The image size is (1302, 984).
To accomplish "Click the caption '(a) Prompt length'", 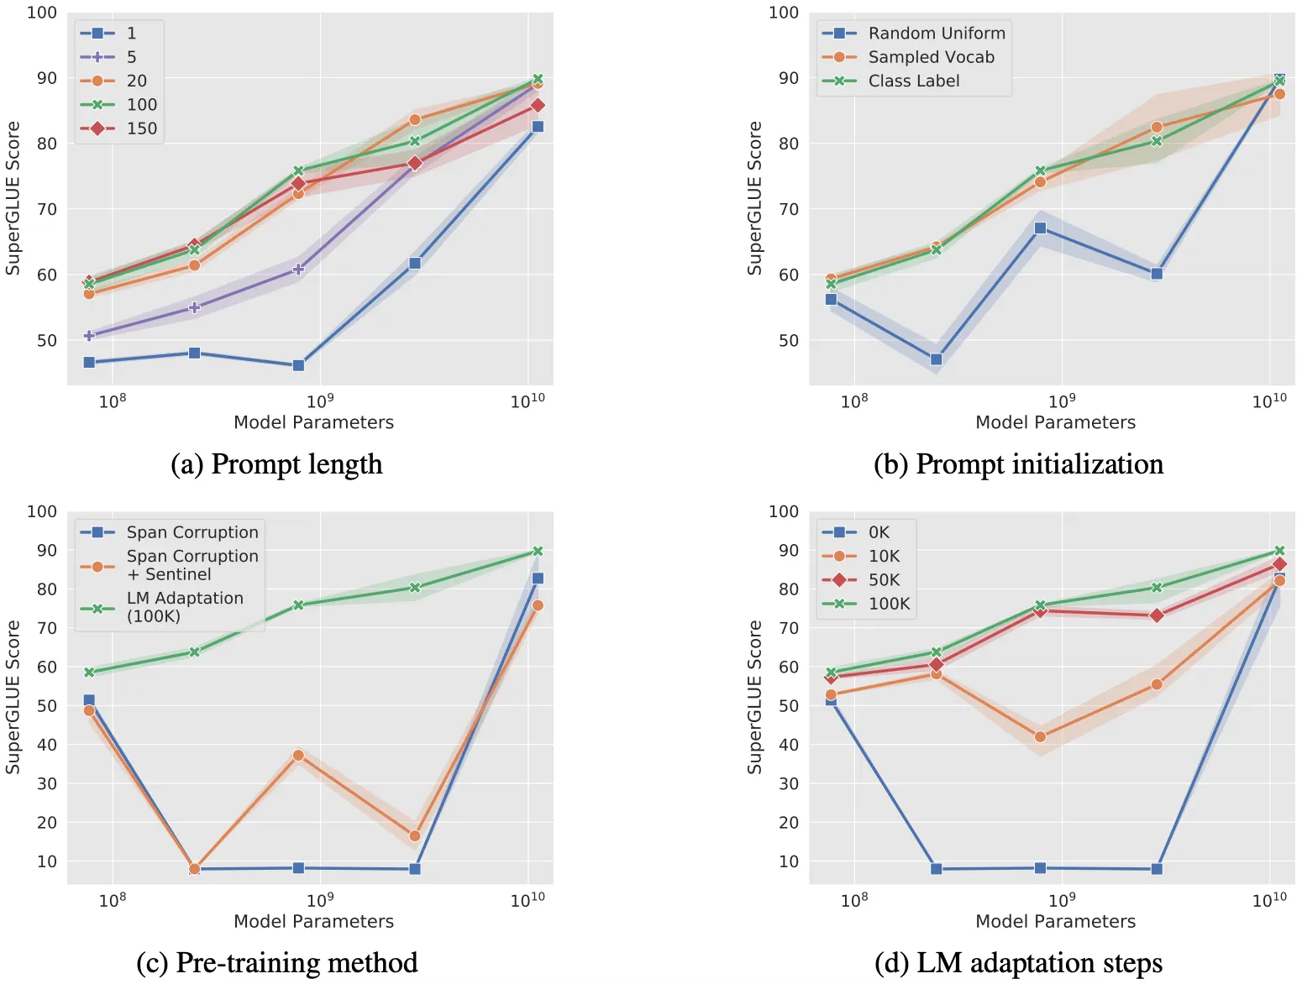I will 276,464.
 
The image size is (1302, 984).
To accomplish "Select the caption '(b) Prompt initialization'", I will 1018,464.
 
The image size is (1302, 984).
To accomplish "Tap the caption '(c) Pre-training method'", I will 276,962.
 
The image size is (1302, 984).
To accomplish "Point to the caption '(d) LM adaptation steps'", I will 1018,962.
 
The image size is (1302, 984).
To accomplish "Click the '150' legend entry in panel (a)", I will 141,128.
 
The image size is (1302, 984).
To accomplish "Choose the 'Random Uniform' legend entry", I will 936,33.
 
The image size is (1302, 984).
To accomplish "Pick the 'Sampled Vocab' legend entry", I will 931,57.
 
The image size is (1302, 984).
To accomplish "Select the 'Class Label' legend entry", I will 913,81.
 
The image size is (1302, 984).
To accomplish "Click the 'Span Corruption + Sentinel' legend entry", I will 192,565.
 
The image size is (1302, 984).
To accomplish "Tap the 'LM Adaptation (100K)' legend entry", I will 184,607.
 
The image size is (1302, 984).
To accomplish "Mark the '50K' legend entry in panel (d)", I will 884,580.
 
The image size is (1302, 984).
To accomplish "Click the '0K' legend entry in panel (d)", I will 879,532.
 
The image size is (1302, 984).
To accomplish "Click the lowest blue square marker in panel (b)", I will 936,359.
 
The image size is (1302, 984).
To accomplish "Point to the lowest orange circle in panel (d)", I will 1040,736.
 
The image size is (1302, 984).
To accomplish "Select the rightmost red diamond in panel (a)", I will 538,105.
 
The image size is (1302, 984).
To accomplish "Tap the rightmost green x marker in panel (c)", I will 538,551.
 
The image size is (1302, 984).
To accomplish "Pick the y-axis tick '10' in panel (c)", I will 47,861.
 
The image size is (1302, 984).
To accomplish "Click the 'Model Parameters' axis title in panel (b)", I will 1055,422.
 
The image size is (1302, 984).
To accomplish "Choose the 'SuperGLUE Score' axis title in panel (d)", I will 754,697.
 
